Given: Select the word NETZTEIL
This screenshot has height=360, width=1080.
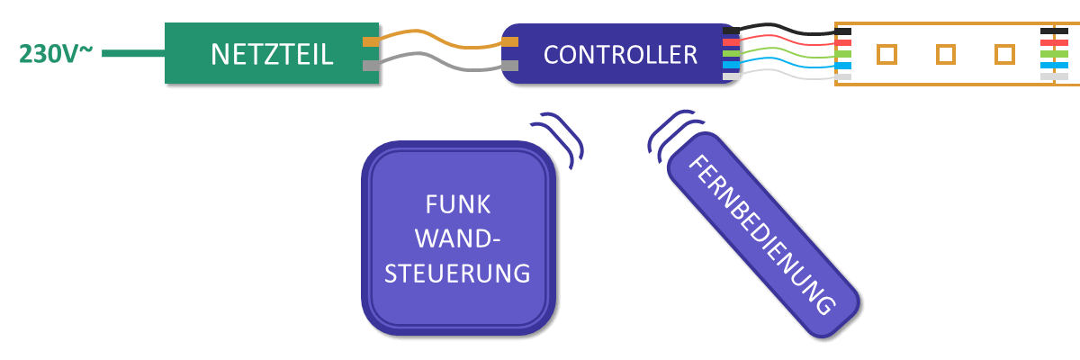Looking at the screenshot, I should [x=272, y=54].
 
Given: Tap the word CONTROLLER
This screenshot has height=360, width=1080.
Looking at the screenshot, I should [x=620, y=55].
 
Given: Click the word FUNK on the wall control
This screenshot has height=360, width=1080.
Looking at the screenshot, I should [x=457, y=205].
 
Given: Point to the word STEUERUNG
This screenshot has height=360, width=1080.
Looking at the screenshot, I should [x=457, y=272].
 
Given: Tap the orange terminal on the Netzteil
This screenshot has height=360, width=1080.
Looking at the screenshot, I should [x=371, y=41].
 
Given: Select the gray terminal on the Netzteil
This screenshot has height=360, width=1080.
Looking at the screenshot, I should [x=371, y=66].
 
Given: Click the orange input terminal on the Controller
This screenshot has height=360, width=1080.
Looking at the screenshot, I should [x=510, y=41].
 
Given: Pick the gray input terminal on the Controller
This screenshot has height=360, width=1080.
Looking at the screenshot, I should [x=510, y=66].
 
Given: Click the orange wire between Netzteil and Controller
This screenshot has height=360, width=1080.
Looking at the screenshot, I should [x=441, y=39].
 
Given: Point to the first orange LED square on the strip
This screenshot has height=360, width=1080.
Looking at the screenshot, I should [x=886, y=54].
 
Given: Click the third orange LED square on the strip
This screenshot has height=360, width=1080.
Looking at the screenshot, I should [x=1004, y=54].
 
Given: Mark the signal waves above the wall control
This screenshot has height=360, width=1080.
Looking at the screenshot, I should [x=563, y=137].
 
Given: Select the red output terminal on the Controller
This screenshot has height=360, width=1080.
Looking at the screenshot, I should [x=731, y=42].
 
